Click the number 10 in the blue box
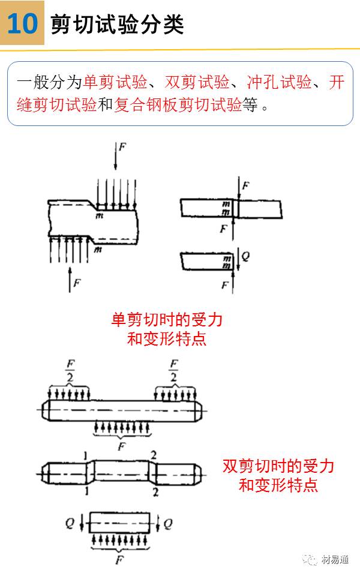[x=22, y=23]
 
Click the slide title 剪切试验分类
[x=117, y=25]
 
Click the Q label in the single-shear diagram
[x=245, y=256]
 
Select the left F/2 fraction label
[x=70, y=370]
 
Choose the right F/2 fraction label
[x=173, y=370]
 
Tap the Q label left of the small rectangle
[x=70, y=523]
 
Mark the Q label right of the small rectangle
[x=168, y=523]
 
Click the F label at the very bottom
[x=118, y=559]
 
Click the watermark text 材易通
[x=335, y=559]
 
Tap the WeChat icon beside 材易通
[x=312, y=559]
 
